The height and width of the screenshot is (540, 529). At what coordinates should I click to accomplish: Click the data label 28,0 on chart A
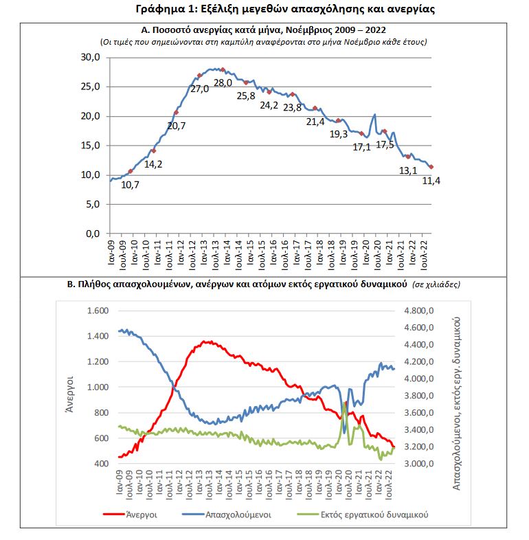(223, 83)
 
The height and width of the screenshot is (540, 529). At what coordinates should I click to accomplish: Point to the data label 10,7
(130, 185)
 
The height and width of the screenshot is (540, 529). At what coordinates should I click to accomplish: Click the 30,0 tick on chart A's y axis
(91, 57)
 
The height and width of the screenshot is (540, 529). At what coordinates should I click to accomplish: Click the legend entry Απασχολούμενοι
(237, 513)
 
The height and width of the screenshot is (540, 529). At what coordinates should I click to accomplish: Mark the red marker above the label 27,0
(199, 76)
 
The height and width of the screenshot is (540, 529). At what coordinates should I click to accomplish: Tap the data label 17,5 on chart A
(385, 144)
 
